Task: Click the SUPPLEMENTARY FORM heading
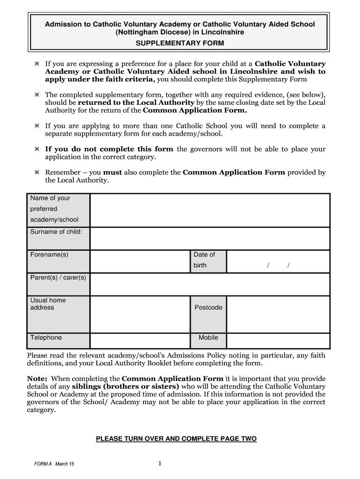click(180, 43)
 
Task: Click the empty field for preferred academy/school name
click(209, 210)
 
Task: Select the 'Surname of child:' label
click(56, 232)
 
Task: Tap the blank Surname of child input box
click(209, 239)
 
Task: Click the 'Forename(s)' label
click(49, 254)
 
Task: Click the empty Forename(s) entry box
click(140, 261)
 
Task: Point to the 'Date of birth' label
click(204, 260)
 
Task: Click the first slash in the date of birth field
click(268, 266)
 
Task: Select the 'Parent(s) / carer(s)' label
click(58, 277)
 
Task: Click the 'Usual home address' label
click(48, 304)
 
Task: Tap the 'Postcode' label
click(208, 307)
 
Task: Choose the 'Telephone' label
click(46, 337)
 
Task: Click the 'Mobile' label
click(208, 337)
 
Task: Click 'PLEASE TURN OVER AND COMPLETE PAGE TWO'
click(176, 439)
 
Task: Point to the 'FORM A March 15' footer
click(54, 464)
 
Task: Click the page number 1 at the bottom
click(159, 464)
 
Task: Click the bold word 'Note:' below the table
click(37, 378)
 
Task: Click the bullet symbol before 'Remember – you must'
click(36, 173)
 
